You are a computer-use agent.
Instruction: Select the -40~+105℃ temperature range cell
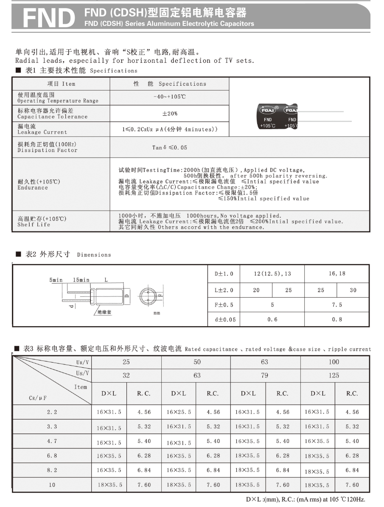click(169, 97)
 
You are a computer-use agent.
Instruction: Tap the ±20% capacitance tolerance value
click(170, 114)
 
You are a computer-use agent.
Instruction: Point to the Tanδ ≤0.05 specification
click(169, 148)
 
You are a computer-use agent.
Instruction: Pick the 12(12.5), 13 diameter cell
click(272, 273)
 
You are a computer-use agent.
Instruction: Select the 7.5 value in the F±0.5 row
click(337, 305)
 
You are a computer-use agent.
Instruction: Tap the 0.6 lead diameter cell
click(272, 319)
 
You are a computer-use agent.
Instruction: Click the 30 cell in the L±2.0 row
click(353, 290)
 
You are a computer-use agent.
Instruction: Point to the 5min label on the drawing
click(56, 280)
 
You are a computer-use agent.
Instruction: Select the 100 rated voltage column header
click(334, 362)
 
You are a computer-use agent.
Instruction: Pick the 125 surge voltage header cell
click(334, 375)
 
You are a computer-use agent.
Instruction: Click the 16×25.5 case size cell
click(179, 412)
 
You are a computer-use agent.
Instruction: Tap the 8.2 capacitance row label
click(52, 470)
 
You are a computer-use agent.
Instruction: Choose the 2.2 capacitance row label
click(52, 412)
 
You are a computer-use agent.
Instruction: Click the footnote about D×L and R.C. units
click(305, 499)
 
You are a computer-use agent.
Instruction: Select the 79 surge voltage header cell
click(265, 375)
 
